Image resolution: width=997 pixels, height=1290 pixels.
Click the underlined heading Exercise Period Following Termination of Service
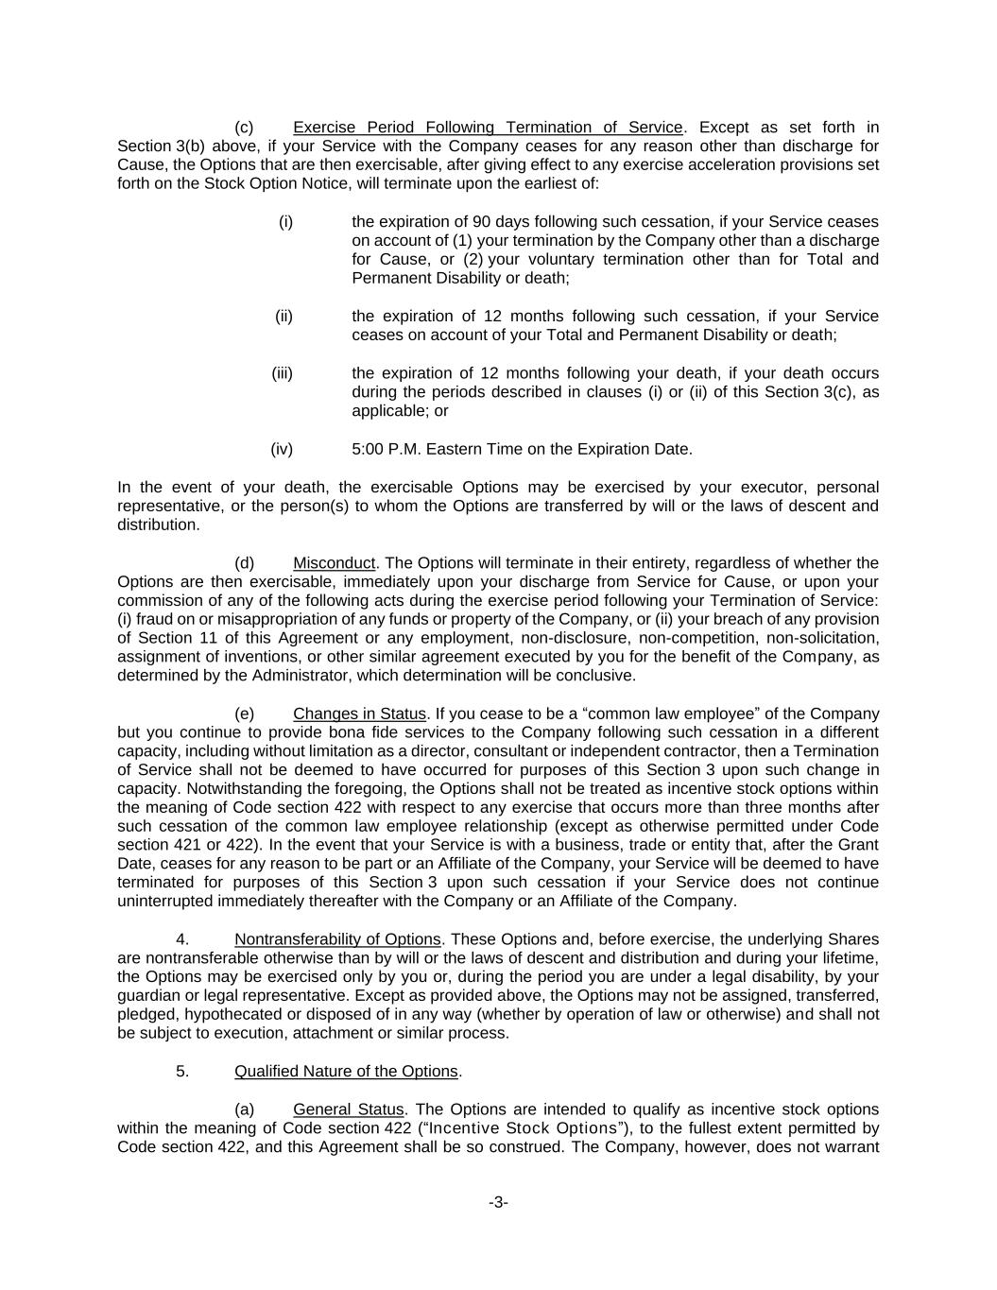488,128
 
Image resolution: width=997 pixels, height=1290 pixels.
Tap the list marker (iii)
283,373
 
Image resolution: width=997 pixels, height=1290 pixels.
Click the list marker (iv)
282,449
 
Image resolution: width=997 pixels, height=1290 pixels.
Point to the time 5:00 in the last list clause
368,449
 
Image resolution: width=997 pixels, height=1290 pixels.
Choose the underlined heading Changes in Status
359,714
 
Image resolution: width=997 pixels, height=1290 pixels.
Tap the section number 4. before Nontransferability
182,939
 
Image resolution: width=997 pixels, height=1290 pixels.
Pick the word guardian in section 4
147,995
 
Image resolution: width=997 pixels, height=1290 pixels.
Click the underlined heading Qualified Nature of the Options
346,1072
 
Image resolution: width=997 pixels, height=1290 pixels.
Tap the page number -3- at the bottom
498,1203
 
